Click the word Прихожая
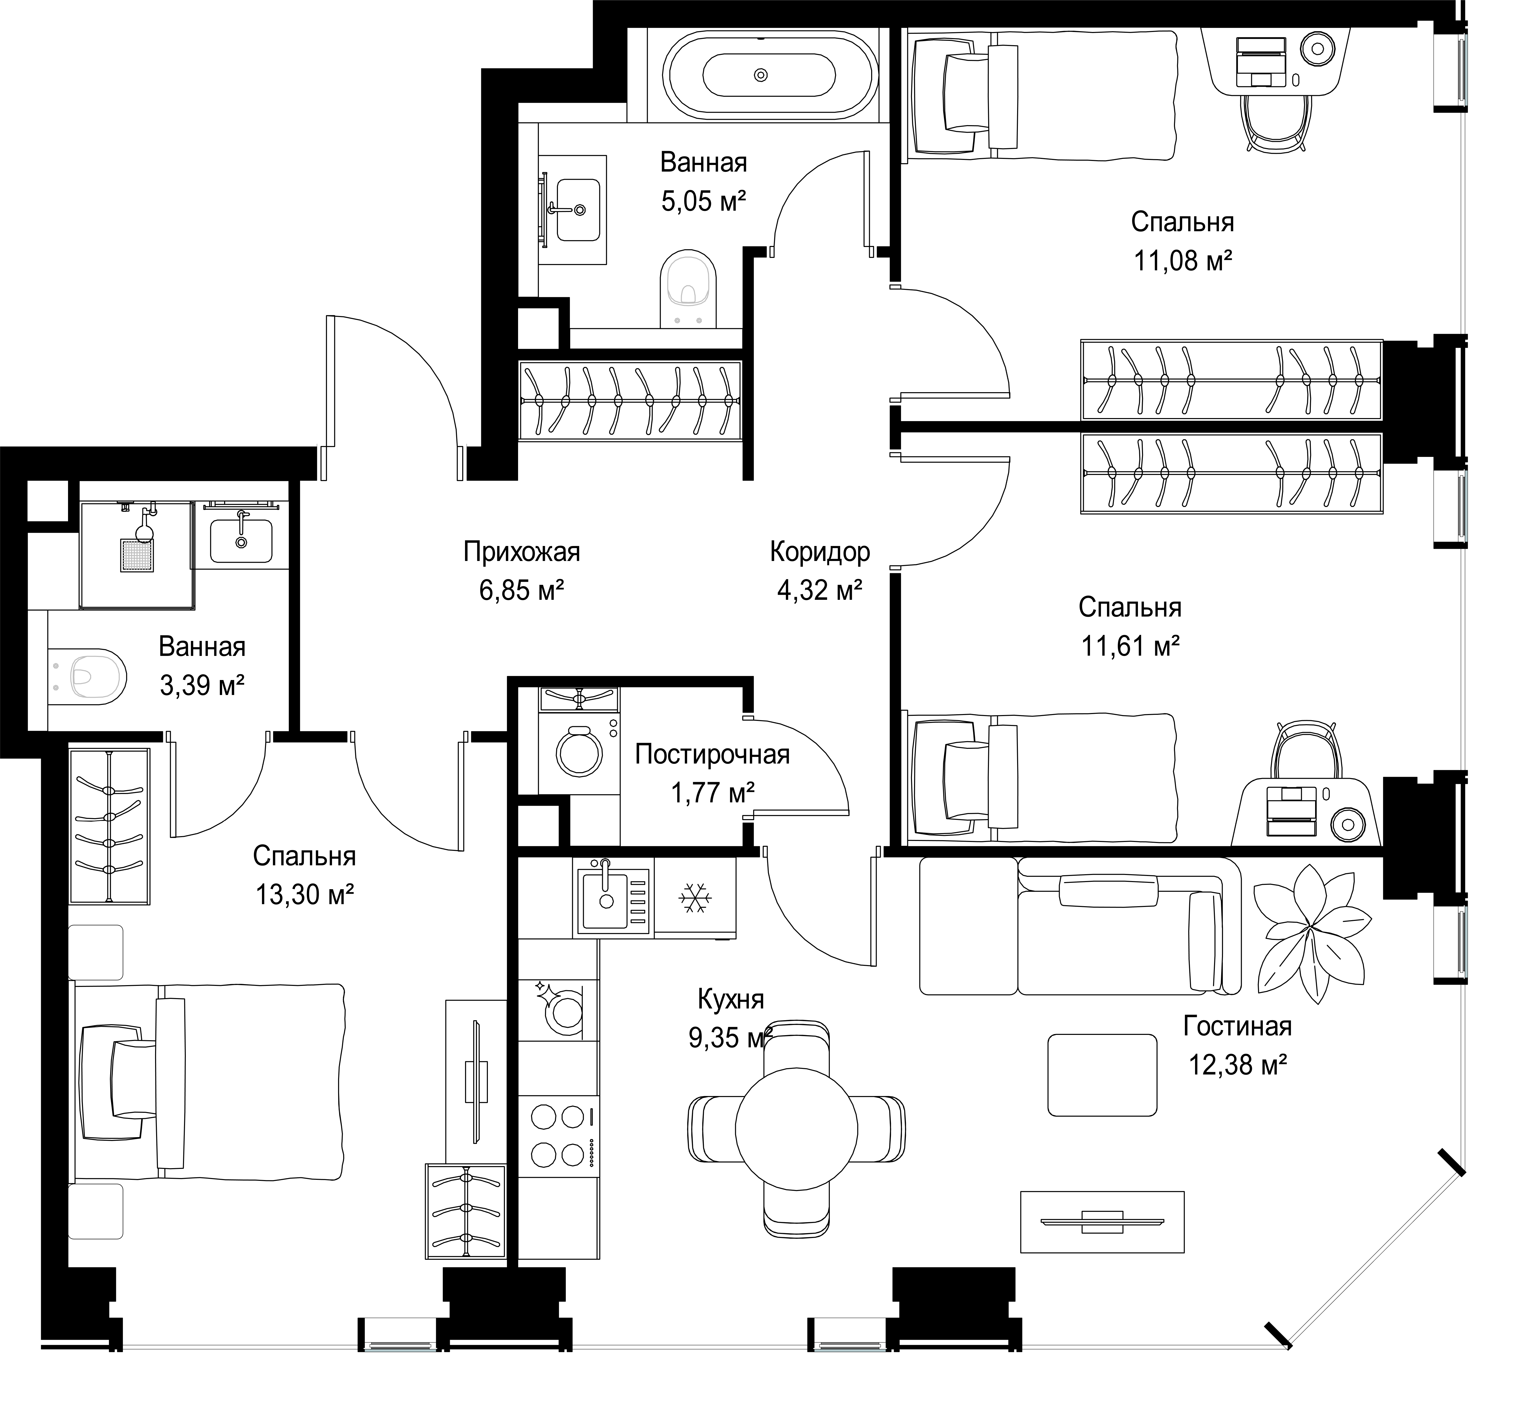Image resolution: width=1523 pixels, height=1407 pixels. [522, 551]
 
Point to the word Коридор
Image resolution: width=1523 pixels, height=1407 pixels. [819, 551]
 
